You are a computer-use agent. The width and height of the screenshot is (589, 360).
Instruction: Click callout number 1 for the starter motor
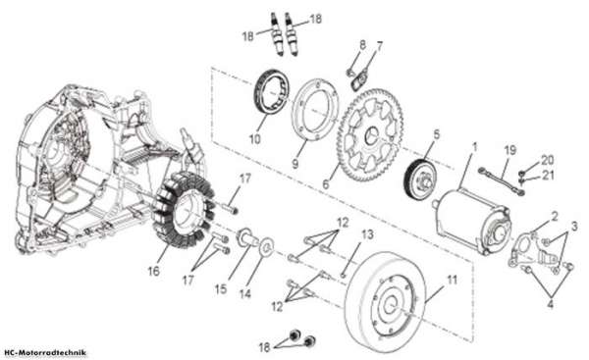(474, 147)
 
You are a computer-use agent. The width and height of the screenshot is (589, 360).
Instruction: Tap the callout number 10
(254, 139)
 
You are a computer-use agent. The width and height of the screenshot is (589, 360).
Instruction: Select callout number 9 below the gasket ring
(295, 163)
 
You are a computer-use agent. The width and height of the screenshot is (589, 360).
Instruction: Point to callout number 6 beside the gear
(325, 184)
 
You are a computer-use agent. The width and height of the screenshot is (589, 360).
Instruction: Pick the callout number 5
(436, 134)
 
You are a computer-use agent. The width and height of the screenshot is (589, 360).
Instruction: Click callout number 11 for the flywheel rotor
(452, 280)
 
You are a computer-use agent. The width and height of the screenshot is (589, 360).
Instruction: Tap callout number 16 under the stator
(154, 271)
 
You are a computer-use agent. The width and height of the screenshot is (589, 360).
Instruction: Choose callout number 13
(367, 234)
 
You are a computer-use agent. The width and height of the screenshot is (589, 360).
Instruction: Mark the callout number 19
(510, 150)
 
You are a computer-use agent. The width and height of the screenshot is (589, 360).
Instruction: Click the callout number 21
(547, 175)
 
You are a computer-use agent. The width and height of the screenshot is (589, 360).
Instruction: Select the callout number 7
(379, 47)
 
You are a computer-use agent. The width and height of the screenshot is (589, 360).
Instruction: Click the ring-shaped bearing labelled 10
(272, 91)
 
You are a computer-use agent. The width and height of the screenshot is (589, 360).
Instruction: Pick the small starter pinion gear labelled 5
(420, 179)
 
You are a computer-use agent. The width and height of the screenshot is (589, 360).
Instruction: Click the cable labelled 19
(501, 181)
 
